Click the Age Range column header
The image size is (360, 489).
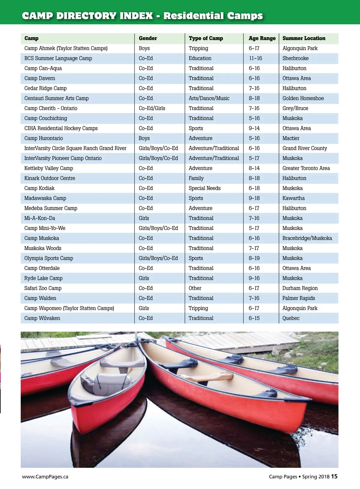point(262,38)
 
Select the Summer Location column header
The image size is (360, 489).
point(304,38)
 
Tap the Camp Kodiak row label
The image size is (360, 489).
point(39,188)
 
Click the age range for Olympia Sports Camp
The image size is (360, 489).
point(254,258)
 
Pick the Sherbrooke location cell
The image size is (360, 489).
point(295,58)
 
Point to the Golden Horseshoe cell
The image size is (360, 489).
point(303,98)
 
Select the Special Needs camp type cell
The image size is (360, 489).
point(205,188)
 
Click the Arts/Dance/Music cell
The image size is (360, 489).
point(209,98)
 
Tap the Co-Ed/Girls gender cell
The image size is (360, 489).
point(152,108)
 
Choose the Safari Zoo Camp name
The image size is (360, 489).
point(43,288)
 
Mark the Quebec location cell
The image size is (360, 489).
point(291,318)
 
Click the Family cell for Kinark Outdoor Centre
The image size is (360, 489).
point(196,178)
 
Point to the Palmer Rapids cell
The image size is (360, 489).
point(298,298)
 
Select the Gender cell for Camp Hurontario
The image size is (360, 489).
point(144,138)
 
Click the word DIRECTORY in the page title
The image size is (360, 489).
point(104,16)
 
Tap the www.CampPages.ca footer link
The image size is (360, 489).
point(45,477)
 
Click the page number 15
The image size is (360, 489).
point(334,476)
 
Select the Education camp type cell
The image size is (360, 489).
point(200,58)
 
